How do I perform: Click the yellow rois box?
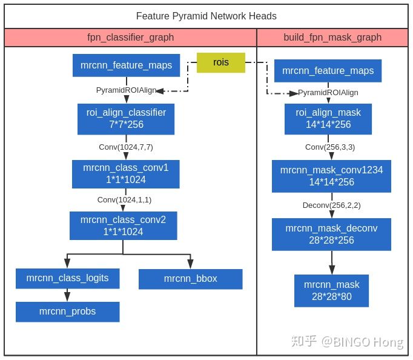(x=221, y=62)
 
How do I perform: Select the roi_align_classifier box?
(x=126, y=119)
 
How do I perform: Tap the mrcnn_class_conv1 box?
(x=126, y=174)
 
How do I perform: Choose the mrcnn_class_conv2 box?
(x=124, y=225)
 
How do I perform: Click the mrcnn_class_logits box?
(x=67, y=279)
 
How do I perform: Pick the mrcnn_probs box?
(x=67, y=312)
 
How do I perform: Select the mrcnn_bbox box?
(x=190, y=279)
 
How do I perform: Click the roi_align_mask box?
(x=328, y=119)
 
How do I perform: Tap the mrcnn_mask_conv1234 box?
(x=331, y=176)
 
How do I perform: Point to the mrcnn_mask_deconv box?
(x=331, y=235)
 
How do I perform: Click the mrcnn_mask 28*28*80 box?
(x=331, y=291)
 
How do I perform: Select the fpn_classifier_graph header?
(x=130, y=38)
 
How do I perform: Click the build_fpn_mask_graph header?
(x=332, y=38)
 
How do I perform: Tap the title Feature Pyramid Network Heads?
(x=206, y=16)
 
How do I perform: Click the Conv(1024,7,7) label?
(x=126, y=147)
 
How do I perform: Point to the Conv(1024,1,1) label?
(x=124, y=200)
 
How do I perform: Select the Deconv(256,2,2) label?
(x=332, y=205)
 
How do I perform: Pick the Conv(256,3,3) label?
(x=330, y=147)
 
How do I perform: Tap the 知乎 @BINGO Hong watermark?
(x=347, y=342)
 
